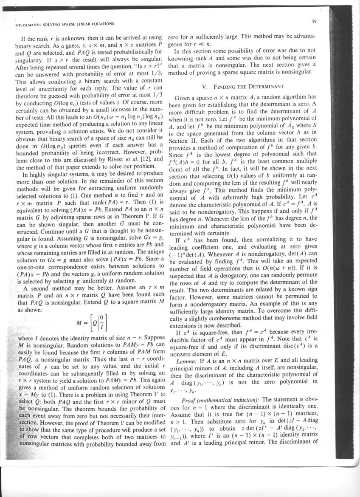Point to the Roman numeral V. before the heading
click(x=205, y=87)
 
